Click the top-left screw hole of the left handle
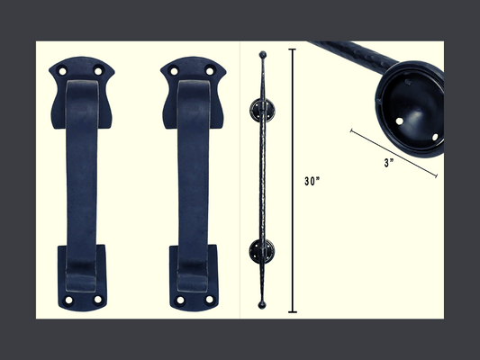[x=62, y=71]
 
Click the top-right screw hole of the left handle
[x=98, y=70]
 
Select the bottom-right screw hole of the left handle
[x=98, y=300]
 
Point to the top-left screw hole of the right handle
[x=174, y=71]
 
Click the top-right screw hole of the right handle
[x=210, y=70]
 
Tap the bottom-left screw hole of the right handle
[x=179, y=300]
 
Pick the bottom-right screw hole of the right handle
[x=210, y=300]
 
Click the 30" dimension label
[x=312, y=181]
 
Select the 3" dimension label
[x=389, y=164]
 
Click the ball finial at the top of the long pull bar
[x=262, y=55]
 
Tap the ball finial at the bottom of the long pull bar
[x=262, y=305]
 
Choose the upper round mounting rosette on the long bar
[x=262, y=111]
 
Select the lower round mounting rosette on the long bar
[x=262, y=251]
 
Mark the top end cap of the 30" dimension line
[x=292, y=49]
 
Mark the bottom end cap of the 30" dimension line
[x=292, y=312]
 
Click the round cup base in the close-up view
[x=410, y=105]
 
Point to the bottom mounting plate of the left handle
[x=82, y=279]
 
